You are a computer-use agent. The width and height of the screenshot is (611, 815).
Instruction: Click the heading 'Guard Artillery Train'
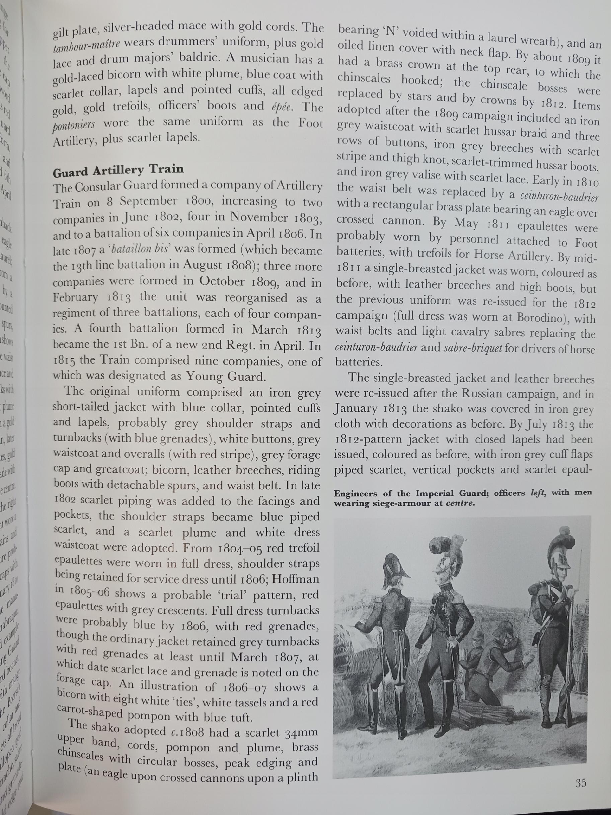pos(118,170)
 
